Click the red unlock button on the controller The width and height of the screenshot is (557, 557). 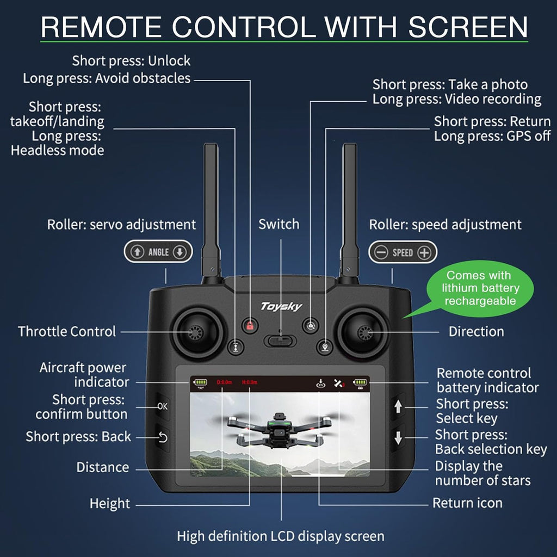250,326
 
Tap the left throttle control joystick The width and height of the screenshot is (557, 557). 196,332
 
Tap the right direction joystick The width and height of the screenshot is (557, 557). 362,332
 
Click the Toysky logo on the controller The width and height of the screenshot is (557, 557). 281,306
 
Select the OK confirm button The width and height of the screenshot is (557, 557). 163,406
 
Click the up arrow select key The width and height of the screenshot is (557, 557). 398,406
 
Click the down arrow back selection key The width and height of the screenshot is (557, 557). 398,437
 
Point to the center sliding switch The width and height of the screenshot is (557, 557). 280,341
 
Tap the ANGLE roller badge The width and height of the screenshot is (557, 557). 158,252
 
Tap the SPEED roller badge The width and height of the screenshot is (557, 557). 403,252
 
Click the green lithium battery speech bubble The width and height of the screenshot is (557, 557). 479,288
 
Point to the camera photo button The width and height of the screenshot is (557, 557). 310,326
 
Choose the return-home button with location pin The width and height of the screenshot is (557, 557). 325,346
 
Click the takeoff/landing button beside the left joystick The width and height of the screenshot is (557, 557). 234,346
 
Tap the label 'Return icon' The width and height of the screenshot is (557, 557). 467,503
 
